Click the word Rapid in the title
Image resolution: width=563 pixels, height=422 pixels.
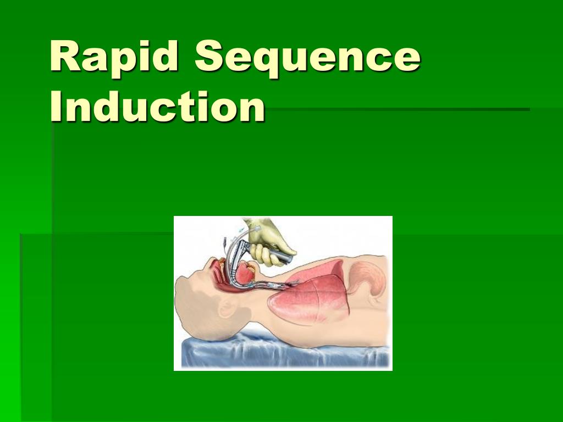coord(114,57)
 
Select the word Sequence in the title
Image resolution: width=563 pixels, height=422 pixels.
coord(307,57)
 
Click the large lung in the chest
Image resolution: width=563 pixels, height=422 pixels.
coord(319,299)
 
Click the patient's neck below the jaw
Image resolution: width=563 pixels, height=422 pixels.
coord(258,308)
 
